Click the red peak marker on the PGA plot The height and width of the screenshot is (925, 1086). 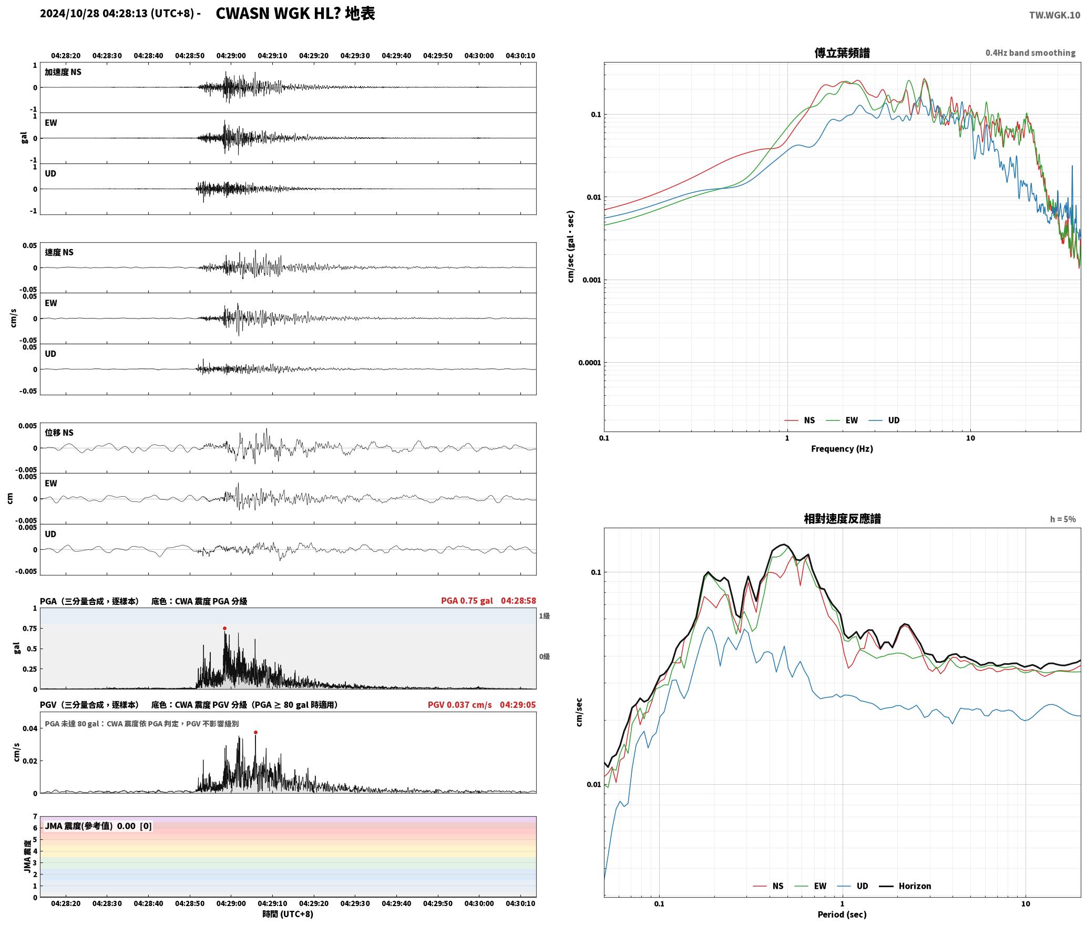(224, 628)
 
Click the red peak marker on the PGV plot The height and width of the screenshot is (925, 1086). (255, 732)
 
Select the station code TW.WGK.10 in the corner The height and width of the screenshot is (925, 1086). (1054, 15)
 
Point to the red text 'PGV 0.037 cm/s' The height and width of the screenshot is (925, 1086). (459, 704)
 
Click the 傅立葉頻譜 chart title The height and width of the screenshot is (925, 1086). (842, 53)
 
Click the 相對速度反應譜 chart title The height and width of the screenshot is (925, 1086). (842, 519)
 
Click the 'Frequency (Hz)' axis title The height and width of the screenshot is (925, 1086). (842, 448)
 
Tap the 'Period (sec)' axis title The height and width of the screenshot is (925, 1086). (842, 914)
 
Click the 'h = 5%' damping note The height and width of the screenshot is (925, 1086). (1063, 519)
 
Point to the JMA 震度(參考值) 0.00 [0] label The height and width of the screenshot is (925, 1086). (98, 826)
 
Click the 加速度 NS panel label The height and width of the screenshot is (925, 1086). (63, 72)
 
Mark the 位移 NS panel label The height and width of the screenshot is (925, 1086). (59, 433)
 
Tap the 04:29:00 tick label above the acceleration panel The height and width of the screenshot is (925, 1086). (231, 55)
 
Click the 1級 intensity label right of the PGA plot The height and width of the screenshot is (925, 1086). (544, 615)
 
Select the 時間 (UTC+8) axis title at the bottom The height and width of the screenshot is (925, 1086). (288, 914)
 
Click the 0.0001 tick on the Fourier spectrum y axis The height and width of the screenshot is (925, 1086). (589, 362)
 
